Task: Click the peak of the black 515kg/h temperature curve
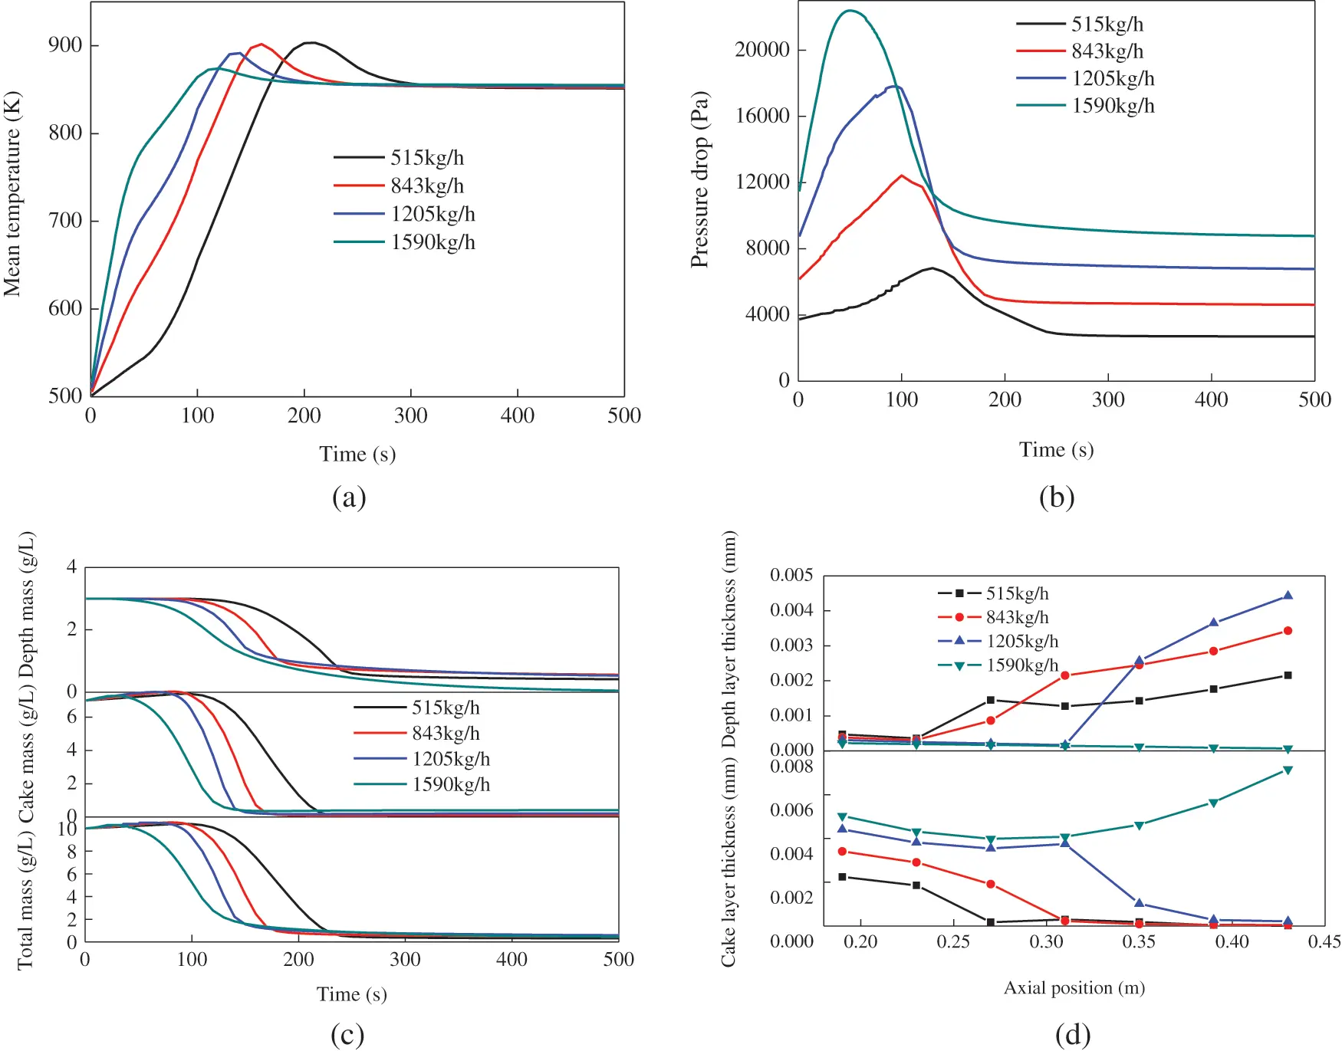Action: click(x=310, y=43)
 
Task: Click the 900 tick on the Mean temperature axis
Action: click(x=65, y=45)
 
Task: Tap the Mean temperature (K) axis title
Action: click(x=12, y=195)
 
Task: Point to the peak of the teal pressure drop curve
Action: click(x=850, y=11)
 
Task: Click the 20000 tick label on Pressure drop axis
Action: click(x=761, y=50)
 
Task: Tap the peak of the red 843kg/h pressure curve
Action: click(x=902, y=176)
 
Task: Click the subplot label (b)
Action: click(x=1056, y=498)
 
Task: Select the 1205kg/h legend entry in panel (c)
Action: click(x=450, y=759)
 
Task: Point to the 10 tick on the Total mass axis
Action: click(x=67, y=829)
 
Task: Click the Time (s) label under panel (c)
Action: click(x=351, y=994)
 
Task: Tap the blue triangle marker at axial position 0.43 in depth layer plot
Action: click(x=1288, y=596)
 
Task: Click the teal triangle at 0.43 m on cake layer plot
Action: click(x=1288, y=770)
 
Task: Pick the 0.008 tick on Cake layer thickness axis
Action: click(x=791, y=767)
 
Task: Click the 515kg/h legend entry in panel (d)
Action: click(x=1017, y=593)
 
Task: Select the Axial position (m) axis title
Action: click(x=1074, y=987)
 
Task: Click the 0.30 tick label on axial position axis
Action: click(x=1046, y=941)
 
